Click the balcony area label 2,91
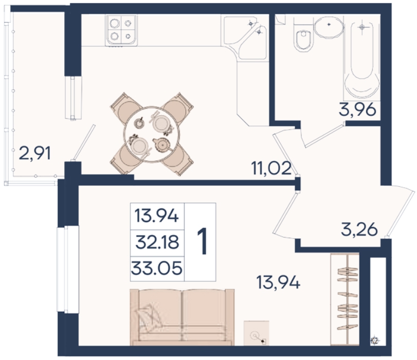tap(35, 154)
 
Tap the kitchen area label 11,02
tap(271, 168)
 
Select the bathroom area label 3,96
tap(357, 110)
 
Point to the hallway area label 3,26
tap(359, 229)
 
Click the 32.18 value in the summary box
tap(157, 243)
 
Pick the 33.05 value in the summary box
tap(157, 268)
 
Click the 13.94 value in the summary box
tap(157, 216)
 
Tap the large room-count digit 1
tap(202, 242)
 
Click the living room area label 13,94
tap(278, 282)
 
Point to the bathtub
tap(361, 58)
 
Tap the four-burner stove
tap(122, 30)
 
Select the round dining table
tap(152, 134)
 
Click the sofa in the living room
tap(183, 317)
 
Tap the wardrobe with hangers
tap(345, 300)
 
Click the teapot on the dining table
tap(161, 144)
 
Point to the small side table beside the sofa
tap(257, 333)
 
